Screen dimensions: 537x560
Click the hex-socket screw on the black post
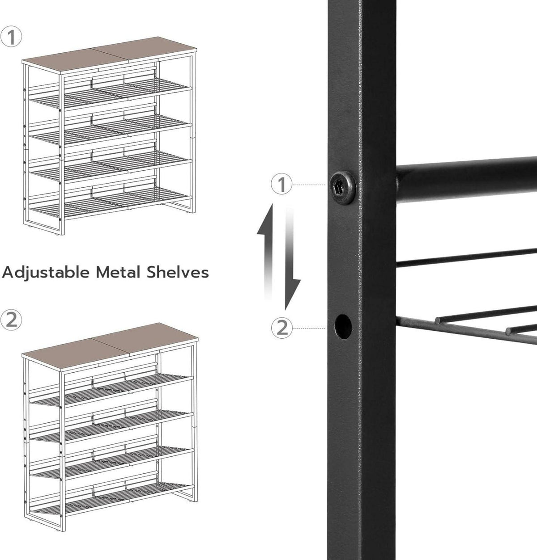(x=342, y=187)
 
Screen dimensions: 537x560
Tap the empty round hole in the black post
(x=343, y=326)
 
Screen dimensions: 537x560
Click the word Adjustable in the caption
(x=46, y=273)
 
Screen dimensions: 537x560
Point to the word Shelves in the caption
(x=178, y=272)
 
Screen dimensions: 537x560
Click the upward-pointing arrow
(x=266, y=252)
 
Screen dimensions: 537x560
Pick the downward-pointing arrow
(x=292, y=259)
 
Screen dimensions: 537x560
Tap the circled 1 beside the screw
(x=282, y=185)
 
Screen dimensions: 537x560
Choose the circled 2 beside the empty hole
(x=282, y=328)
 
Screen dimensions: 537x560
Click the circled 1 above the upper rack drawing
(x=11, y=37)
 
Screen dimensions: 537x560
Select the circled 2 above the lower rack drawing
(x=11, y=320)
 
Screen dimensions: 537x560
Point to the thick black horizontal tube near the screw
(x=466, y=180)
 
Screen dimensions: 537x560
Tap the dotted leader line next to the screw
(x=310, y=185)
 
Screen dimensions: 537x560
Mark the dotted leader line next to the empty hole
(x=310, y=328)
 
